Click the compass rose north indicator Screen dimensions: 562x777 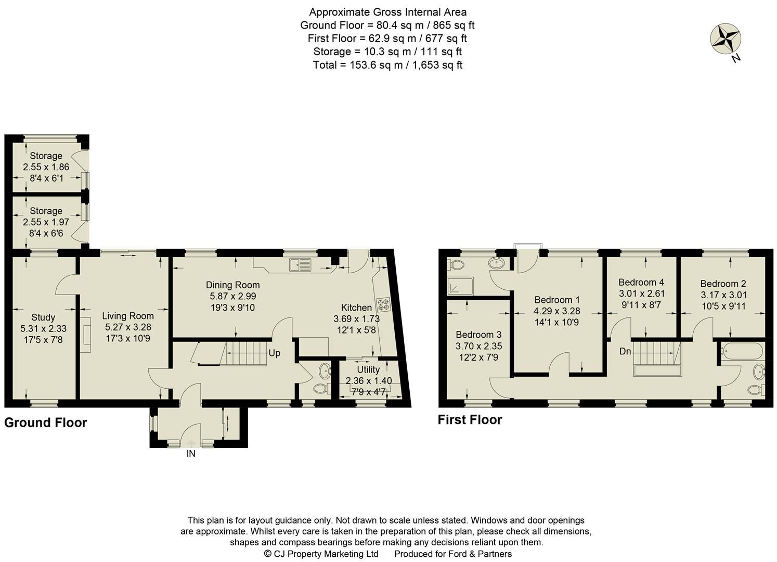pos(726,39)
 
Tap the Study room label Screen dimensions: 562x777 pos(43,317)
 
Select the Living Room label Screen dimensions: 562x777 pos(127,316)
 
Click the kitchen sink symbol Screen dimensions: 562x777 pos(301,264)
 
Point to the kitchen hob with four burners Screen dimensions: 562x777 pos(384,304)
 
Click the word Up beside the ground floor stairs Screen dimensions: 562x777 pos(274,353)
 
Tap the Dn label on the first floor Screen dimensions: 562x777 pos(625,351)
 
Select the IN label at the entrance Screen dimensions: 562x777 pos(191,454)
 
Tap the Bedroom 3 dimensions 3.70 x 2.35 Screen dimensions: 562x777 pos(478,346)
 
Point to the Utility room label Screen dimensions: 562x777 pos(368,369)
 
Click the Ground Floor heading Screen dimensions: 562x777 pos(45,423)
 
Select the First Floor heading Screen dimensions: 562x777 pos(470,419)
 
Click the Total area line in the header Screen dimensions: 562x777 pos(387,65)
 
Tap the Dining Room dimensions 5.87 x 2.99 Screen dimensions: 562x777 pos(232,296)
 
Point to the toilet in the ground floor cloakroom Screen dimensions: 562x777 pos(320,388)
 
